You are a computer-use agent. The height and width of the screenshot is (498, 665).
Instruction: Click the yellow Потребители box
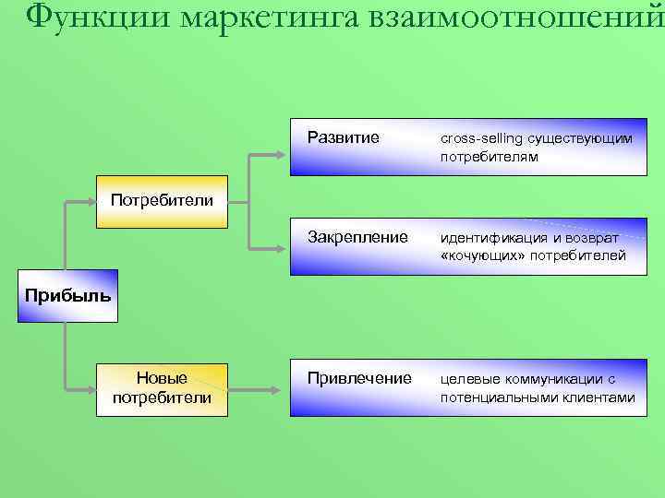162,200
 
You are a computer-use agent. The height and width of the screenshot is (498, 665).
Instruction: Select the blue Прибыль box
67,296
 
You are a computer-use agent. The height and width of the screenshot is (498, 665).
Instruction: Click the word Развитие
343,138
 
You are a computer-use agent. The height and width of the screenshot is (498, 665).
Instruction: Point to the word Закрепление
357,237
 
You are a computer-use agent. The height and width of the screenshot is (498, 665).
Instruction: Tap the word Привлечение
359,378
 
